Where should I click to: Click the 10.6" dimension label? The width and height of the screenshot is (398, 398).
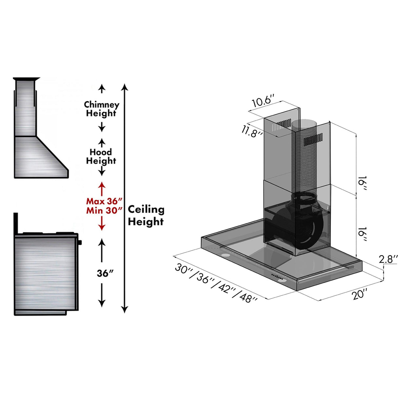262,100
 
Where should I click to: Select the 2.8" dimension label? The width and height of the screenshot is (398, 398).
388,259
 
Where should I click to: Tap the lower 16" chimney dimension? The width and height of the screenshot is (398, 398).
362,233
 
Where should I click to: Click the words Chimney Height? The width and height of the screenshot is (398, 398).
101,109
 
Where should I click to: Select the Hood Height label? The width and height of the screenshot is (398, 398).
101,156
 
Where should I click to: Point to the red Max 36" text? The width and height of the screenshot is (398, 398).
104,201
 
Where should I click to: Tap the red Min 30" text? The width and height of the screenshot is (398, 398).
104,210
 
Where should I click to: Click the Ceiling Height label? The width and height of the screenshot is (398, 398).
146,215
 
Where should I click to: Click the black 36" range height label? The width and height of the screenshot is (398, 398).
105,273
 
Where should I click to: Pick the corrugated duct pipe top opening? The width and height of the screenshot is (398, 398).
305,124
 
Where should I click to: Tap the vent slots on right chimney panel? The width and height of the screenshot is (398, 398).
313,140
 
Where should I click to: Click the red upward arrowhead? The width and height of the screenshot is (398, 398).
102,185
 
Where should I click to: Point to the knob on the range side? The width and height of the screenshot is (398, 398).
80,242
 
